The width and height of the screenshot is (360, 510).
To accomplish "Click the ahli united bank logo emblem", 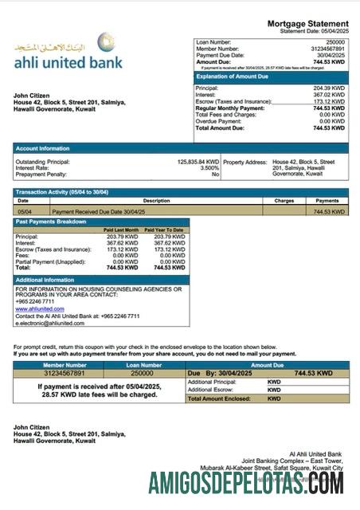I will point(105,41).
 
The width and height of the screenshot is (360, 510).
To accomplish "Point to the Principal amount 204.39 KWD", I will point(329,88).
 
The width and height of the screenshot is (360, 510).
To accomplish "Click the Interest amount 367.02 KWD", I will point(329,95).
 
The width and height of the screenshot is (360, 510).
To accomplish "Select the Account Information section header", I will point(43,148).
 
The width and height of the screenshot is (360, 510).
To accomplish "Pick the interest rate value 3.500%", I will point(209,168).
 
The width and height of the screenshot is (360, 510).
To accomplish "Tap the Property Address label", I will point(245,162).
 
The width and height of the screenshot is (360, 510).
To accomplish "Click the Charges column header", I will point(284,201).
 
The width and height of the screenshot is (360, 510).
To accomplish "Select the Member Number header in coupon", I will point(57,365).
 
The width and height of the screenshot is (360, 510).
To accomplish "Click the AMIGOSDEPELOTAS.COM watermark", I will point(245,484).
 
